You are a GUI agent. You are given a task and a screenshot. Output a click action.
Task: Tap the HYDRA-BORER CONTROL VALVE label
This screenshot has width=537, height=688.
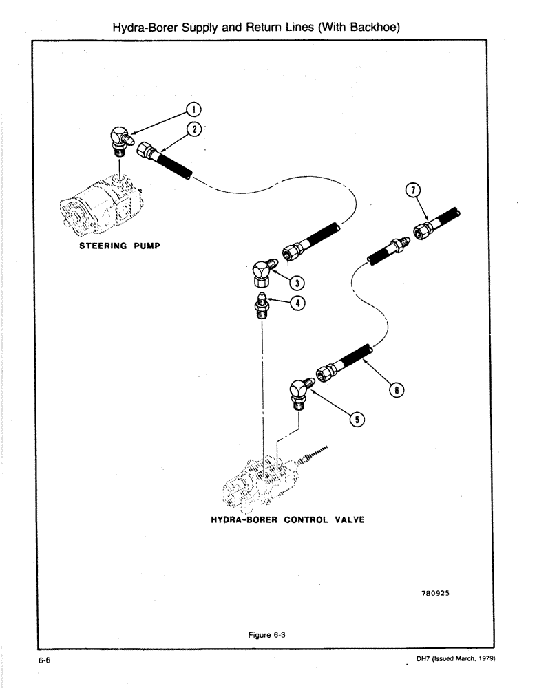(x=287, y=519)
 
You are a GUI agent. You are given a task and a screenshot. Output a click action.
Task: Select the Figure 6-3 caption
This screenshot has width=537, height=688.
(x=266, y=635)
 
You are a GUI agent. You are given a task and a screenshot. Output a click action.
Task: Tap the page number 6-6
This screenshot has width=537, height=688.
(x=46, y=660)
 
